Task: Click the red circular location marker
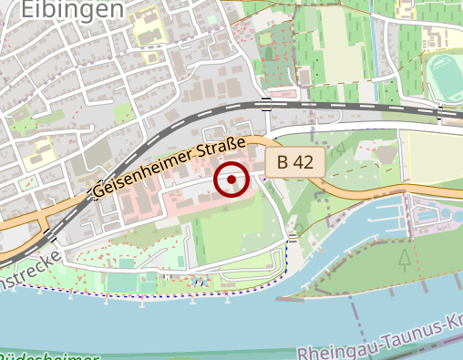(231, 180)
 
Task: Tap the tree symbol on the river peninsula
(404, 260)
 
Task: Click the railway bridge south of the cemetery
(265, 104)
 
